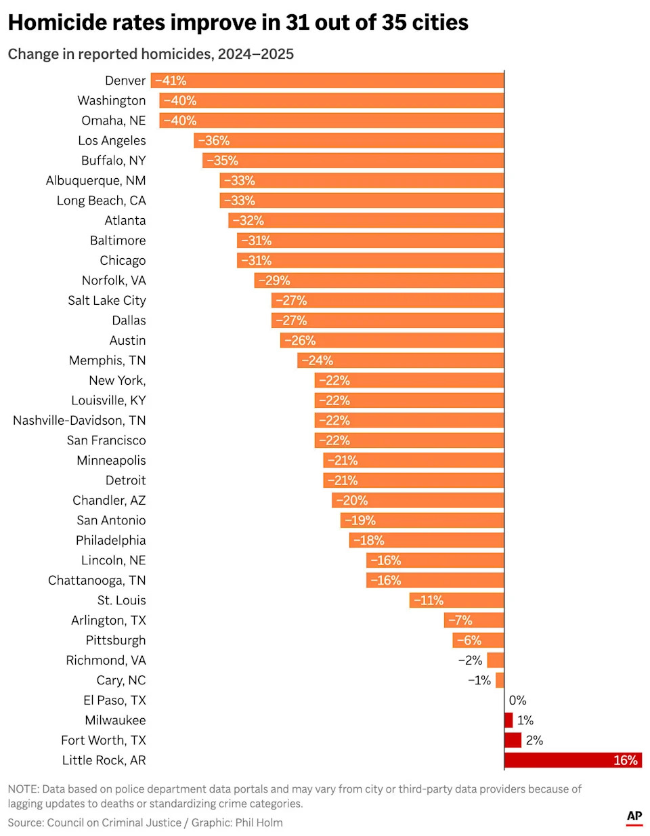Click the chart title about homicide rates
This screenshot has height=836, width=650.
click(238, 22)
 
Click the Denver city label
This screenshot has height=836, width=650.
click(125, 81)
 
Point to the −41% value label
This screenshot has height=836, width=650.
click(171, 81)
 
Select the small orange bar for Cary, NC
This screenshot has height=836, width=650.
click(500, 680)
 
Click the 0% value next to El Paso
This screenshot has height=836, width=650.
click(517, 701)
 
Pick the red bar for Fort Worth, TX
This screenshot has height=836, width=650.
click(513, 740)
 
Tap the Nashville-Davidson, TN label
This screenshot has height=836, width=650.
click(79, 421)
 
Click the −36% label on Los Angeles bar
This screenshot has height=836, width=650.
click(214, 141)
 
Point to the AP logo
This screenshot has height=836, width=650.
click(634, 816)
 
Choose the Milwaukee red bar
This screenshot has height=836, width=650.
click(508, 720)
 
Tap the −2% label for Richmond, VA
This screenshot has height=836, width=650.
click(470, 661)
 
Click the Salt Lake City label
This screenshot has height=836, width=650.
click(106, 301)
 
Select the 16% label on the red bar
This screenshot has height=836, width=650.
click(625, 760)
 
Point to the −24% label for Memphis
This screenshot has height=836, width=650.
click(317, 360)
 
